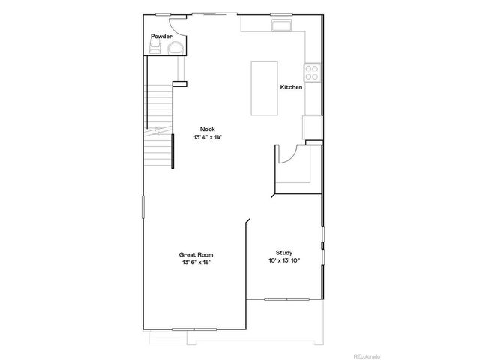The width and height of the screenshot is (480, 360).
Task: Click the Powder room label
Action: click(x=161, y=36)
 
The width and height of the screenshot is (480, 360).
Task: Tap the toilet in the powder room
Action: click(x=156, y=49)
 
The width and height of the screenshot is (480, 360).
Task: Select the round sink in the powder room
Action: click(x=176, y=49)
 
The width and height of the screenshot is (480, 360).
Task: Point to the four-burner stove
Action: click(x=313, y=73)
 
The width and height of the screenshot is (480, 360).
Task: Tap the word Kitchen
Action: click(x=291, y=88)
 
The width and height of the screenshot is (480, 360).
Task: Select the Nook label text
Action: click(x=208, y=128)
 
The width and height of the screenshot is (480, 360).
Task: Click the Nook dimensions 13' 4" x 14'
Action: click(x=208, y=137)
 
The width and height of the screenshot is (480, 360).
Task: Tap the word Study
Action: click(x=284, y=252)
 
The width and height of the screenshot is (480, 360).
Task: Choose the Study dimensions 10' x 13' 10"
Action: click(x=284, y=261)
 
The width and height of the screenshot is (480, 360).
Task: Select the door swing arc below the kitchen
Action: click(x=286, y=154)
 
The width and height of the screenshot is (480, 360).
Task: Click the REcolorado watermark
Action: click(x=450, y=355)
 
